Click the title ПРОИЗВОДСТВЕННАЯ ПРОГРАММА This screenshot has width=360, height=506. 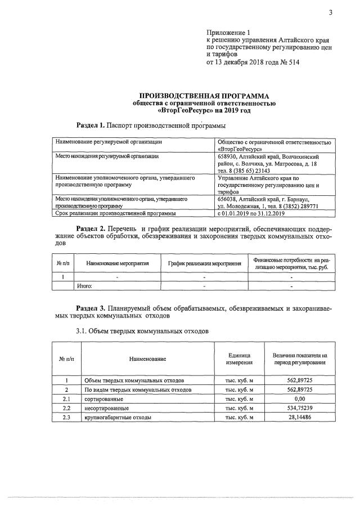(x=204, y=96)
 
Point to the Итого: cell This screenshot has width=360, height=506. (x=84, y=286)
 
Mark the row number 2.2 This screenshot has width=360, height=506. (x=66, y=408)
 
